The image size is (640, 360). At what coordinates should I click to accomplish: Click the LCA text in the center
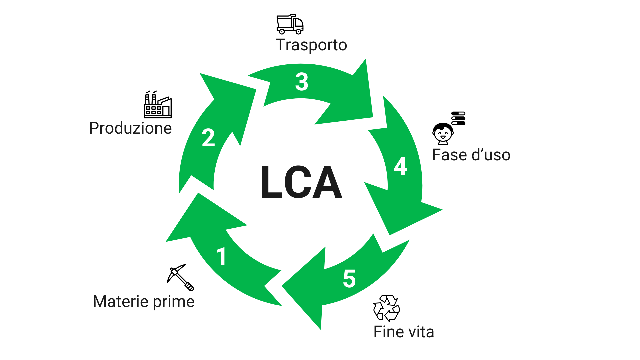[x=301, y=182]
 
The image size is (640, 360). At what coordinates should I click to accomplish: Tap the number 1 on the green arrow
[x=221, y=257]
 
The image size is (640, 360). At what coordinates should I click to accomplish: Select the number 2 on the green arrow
[x=208, y=138]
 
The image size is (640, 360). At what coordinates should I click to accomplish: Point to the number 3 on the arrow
[x=302, y=82]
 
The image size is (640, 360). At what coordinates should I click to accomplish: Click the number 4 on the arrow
[x=400, y=166]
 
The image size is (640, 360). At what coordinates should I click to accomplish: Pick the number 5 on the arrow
[x=349, y=279]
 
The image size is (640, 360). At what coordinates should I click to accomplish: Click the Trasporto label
[x=311, y=45]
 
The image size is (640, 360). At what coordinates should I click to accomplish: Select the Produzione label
[x=130, y=128]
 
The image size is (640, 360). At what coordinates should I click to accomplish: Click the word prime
[x=174, y=302]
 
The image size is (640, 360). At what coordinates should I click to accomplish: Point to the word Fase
[x=449, y=155]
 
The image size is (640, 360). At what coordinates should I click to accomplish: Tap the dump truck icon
[x=290, y=24]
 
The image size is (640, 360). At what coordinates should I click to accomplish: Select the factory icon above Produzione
[x=158, y=105]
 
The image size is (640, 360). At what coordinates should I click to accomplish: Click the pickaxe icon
[x=180, y=277]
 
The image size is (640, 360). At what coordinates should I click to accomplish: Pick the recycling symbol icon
[x=386, y=308]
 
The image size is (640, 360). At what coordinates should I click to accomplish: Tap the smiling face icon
[x=443, y=134]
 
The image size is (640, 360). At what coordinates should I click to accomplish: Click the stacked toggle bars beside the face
[x=458, y=118]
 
